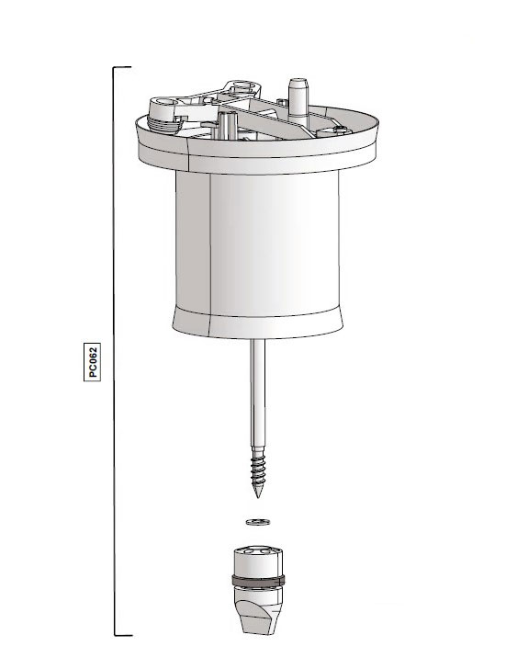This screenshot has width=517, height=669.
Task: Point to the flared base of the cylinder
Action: click(258, 322)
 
